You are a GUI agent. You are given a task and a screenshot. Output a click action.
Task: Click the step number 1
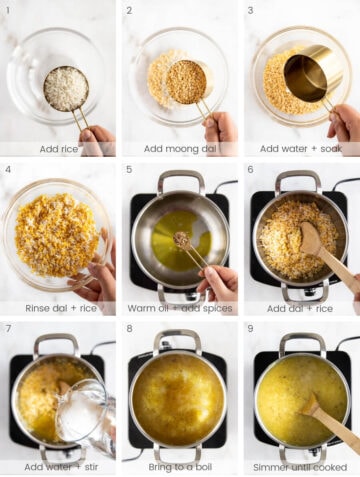(8, 11)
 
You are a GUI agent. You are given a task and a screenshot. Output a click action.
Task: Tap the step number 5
(129, 169)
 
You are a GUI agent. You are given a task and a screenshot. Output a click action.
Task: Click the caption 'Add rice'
(58, 148)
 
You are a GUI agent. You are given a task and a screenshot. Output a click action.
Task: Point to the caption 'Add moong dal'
(180, 148)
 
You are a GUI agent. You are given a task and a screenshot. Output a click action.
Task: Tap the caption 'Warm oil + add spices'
(180, 308)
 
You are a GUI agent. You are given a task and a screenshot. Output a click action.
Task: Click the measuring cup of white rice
(66, 88)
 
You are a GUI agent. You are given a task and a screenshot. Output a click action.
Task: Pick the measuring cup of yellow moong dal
(186, 82)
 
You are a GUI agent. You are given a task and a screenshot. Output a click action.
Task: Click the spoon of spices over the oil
(184, 240)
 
